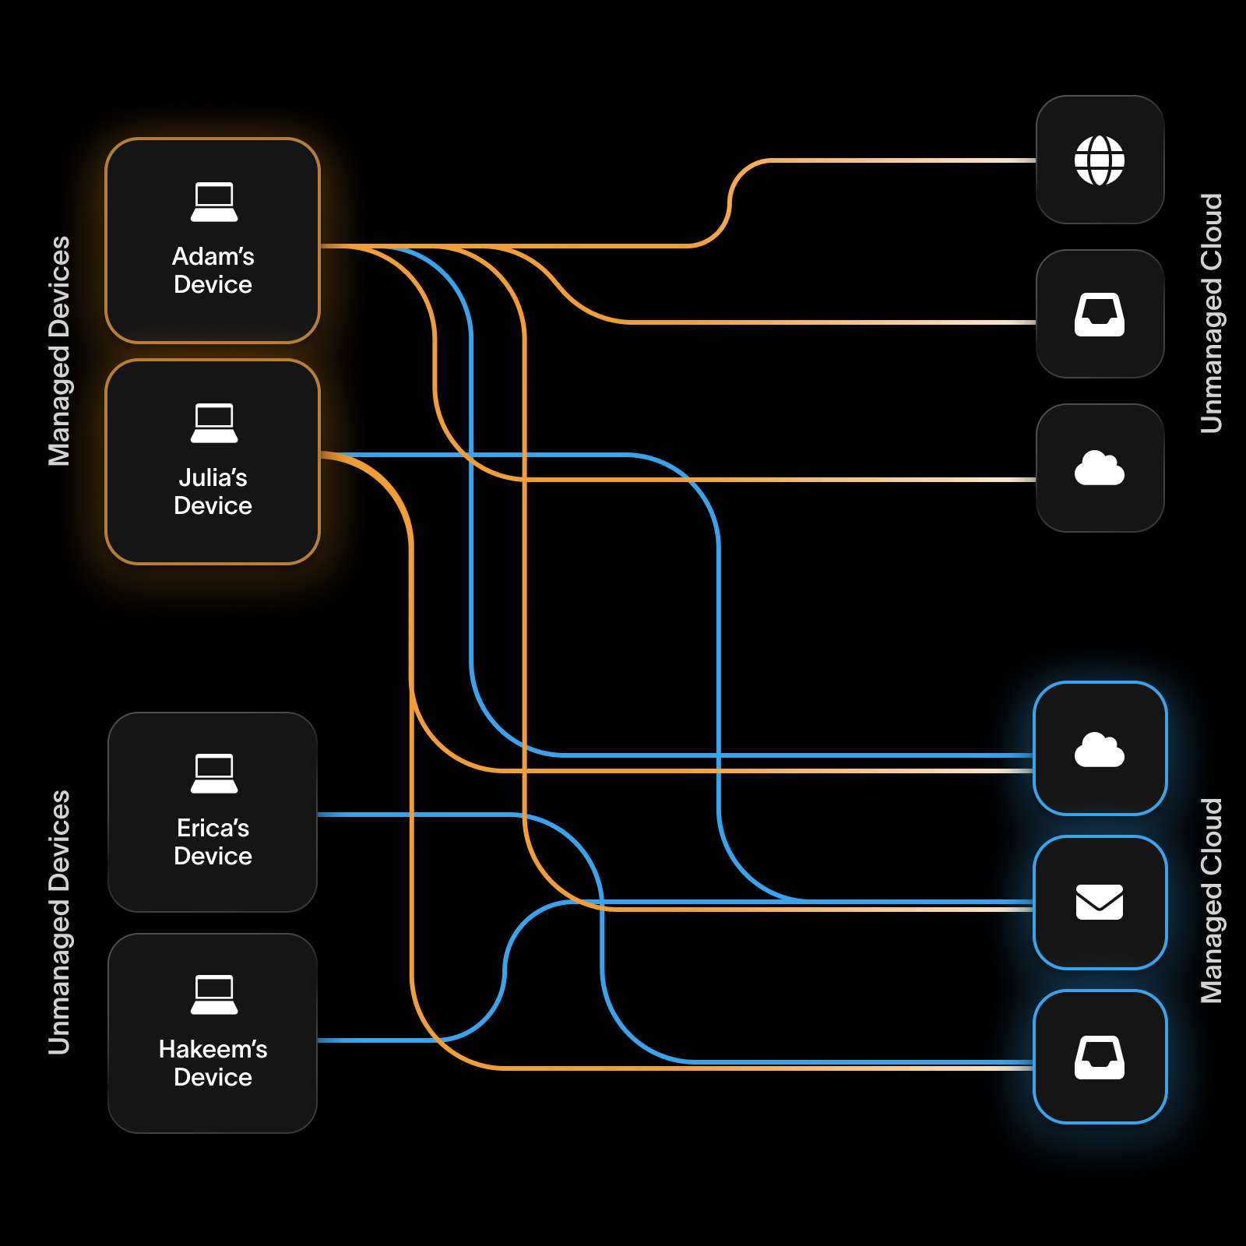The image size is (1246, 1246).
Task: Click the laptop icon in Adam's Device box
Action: point(213,202)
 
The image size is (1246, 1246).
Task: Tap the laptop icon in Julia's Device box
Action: point(213,424)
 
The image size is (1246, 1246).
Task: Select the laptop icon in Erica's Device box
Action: point(213,774)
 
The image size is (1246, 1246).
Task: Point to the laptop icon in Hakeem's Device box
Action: point(213,995)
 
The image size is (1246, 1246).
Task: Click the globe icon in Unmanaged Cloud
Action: point(1099,160)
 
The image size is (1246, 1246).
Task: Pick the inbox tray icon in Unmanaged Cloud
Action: point(1099,315)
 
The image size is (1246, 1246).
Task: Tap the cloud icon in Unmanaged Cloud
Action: point(1099,468)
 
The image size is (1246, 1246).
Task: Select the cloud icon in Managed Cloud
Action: point(1099,750)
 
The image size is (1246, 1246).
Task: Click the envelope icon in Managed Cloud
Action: point(1099,903)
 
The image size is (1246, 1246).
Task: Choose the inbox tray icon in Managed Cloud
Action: point(1099,1058)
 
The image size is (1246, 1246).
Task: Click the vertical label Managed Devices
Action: point(59,351)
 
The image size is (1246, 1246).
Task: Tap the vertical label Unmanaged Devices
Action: point(59,923)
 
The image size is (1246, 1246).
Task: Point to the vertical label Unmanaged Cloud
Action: point(1211,313)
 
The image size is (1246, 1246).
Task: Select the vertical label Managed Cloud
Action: point(1211,901)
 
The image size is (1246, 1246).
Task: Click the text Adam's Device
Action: point(213,270)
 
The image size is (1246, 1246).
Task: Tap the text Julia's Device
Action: point(213,491)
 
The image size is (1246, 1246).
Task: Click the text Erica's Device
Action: point(213,842)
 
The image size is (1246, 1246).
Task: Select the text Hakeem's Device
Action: point(213,1063)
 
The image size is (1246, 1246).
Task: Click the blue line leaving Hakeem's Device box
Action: point(374,1040)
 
